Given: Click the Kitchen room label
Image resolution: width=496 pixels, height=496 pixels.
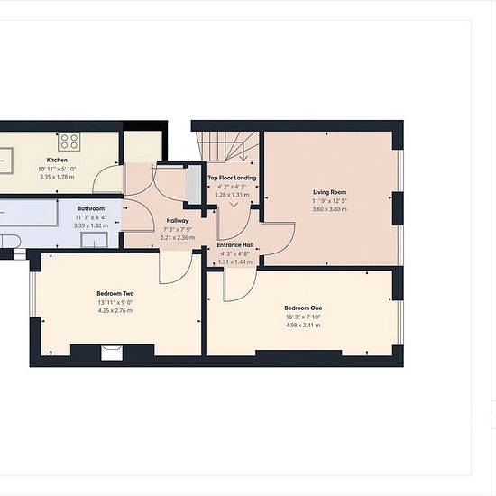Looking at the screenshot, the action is pos(57,160).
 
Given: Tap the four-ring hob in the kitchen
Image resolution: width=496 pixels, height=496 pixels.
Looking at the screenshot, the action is pos(69,141).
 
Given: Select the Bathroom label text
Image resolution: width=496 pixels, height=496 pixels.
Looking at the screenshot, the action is pos(91,209).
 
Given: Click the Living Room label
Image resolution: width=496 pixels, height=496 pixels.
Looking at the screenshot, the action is pos(329,192).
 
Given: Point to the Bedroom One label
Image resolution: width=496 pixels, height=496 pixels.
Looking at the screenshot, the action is pos(303,308).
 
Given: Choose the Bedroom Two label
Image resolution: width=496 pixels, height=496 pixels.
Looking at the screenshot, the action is pos(115,294).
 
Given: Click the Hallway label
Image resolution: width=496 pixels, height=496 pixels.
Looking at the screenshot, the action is pos(178,220).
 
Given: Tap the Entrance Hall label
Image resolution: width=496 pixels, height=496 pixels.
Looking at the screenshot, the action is pos(235,245).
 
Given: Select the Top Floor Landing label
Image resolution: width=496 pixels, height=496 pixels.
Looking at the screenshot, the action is pos(232,178).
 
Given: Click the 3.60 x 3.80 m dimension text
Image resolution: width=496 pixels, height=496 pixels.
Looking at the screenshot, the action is pos(329,209).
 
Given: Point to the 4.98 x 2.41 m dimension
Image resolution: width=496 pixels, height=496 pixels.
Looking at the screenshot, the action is pos(303,326).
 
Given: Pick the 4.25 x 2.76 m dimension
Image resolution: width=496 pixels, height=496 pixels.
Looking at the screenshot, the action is pos(115,310).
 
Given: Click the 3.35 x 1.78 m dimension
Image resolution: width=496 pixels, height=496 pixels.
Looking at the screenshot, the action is pos(57,177).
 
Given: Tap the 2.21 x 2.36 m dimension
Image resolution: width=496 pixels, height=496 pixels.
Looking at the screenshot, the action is pos(178,237).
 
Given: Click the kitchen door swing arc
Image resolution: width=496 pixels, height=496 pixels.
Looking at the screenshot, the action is pos(98,175).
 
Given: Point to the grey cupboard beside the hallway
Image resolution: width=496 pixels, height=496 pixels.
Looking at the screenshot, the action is pos(193,184).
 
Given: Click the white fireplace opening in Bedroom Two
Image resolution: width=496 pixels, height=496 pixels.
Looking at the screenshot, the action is pos(112,353).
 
